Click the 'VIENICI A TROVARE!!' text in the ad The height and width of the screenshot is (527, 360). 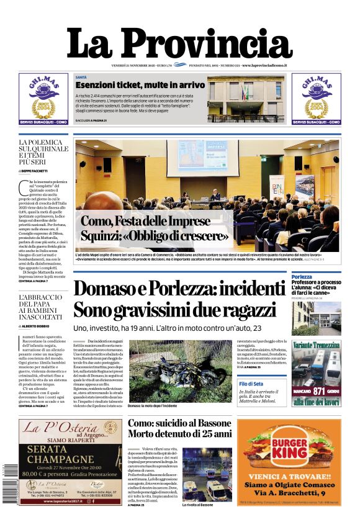click(x=290, y=475)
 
